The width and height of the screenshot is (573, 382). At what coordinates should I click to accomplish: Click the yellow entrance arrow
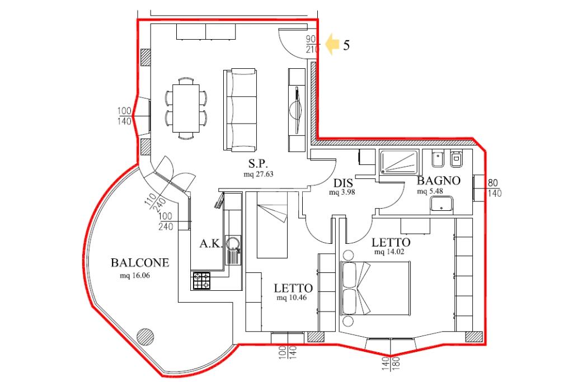332,44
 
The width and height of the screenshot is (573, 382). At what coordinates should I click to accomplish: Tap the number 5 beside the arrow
346,45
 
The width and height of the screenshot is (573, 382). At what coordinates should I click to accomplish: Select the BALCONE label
140,262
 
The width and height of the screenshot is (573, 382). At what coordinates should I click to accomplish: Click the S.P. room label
258,164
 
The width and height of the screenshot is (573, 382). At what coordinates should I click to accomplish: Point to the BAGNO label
439,181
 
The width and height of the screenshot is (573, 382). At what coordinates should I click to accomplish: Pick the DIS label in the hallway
343,183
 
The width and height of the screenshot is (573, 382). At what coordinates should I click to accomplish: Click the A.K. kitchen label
211,244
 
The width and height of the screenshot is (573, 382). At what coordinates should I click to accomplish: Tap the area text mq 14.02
389,251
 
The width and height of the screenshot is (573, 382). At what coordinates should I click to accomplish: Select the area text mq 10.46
292,298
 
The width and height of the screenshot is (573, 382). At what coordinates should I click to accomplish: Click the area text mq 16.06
135,275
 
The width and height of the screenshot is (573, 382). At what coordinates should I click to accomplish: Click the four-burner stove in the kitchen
201,281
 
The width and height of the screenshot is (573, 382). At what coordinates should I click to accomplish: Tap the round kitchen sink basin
233,242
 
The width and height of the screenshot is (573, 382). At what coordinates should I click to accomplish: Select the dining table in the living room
186,108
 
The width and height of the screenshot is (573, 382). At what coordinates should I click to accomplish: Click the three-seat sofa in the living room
239,110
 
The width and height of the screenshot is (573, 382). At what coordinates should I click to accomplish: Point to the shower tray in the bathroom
398,162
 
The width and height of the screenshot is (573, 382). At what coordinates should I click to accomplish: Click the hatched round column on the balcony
145,336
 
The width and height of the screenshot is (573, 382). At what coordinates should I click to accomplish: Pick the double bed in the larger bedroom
375,288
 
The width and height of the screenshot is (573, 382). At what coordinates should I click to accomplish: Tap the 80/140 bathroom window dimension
494,188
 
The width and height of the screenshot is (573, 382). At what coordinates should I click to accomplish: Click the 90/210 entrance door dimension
311,44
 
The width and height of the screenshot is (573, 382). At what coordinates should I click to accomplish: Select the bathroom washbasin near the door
442,204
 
